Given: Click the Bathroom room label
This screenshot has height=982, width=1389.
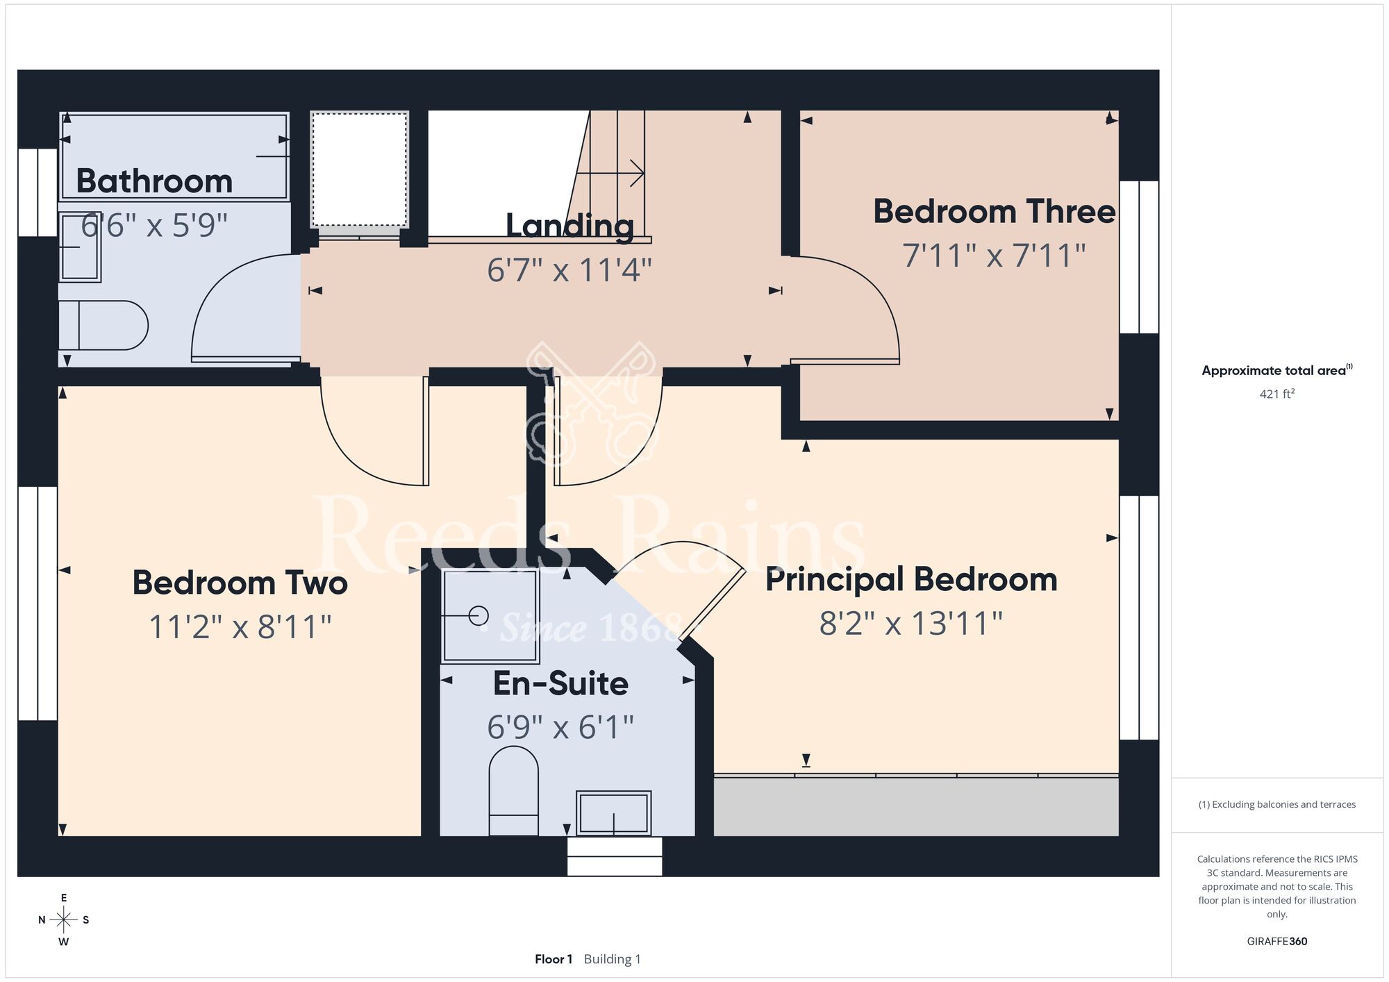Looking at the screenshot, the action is click(x=154, y=181).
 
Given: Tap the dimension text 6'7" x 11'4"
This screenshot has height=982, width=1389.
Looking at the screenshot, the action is click(x=569, y=270).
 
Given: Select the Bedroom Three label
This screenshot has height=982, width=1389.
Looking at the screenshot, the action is click(x=994, y=211).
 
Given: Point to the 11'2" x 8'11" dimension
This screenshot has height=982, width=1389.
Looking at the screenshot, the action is click(x=240, y=627).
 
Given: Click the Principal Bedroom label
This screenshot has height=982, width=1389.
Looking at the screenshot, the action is click(x=911, y=580).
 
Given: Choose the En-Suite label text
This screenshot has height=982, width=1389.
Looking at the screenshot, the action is click(x=560, y=683).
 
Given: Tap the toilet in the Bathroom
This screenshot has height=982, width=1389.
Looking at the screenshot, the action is click(x=103, y=325).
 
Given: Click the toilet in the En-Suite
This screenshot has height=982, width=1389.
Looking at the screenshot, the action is click(x=514, y=791).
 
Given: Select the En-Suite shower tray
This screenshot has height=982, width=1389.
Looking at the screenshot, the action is click(x=491, y=616).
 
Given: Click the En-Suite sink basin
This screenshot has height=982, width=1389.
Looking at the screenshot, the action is click(x=614, y=813).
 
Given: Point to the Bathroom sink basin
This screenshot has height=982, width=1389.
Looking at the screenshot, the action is click(x=80, y=247).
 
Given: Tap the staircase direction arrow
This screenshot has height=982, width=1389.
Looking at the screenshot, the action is click(x=610, y=173).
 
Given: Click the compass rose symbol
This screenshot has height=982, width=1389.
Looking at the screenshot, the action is click(x=64, y=920).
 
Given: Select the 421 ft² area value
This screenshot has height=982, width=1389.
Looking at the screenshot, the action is click(x=1277, y=394).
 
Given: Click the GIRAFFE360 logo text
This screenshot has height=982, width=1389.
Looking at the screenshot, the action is click(x=1277, y=942).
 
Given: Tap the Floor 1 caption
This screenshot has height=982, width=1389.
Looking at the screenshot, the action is click(x=554, y=959).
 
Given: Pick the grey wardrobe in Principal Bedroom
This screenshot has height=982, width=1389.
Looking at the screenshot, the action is click(x=916, y=806).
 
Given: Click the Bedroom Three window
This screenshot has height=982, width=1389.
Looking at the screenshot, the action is click(x=1139, y=257).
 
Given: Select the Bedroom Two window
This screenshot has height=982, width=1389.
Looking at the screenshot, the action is click(x=38, y=604).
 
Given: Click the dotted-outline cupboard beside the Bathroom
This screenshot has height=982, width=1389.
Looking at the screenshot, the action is click(x=359, y=169).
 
